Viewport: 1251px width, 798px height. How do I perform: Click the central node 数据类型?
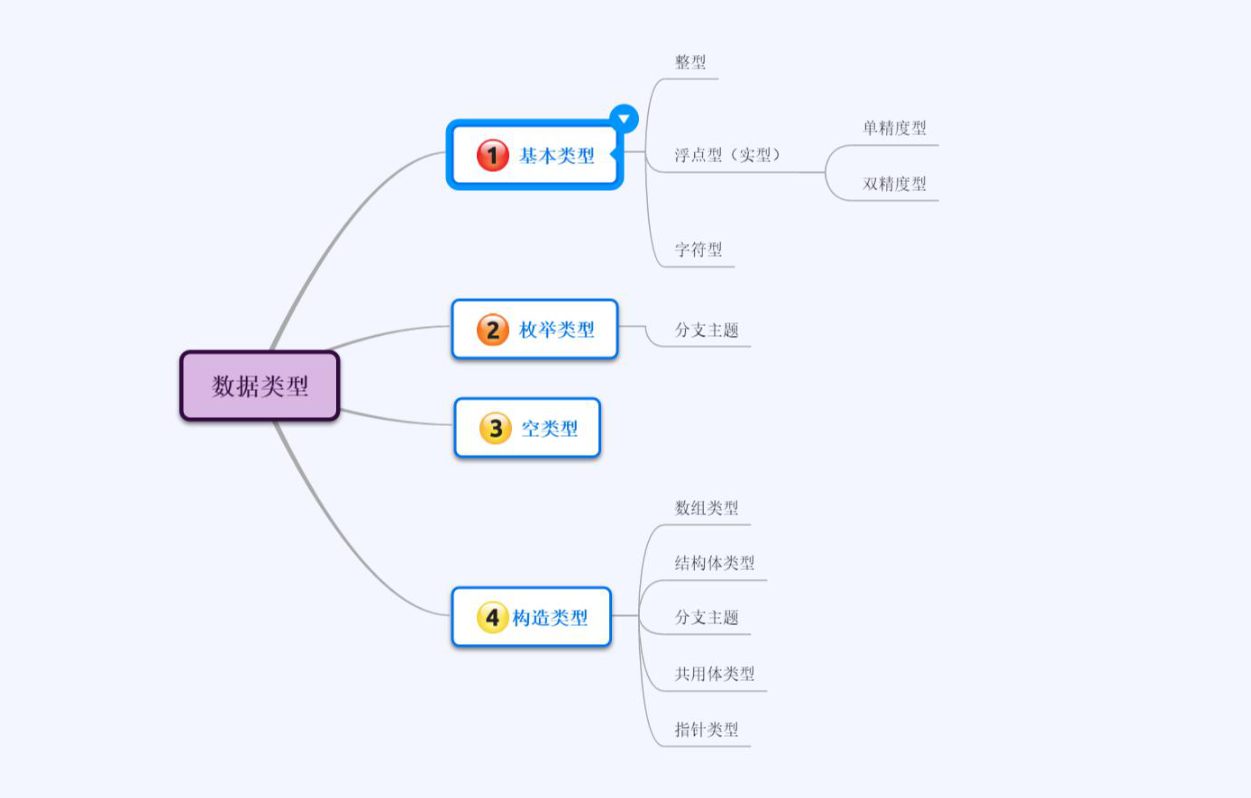click(260, 386)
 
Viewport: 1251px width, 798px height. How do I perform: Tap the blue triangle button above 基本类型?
click(624, 119)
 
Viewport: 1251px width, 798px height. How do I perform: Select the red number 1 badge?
click(492, 155)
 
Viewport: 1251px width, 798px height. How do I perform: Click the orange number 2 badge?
click(492, 330)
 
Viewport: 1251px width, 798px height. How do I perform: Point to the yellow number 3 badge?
click(495, 429)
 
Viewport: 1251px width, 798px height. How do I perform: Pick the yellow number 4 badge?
click(492, 618)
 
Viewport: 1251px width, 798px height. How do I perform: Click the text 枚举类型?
click(557, 330)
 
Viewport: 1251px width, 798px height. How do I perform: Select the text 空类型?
click(550, 429)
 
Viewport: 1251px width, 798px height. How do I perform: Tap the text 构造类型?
click(550, 618)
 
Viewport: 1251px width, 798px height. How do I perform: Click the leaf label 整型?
click(690, 62)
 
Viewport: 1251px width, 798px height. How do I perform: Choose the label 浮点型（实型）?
click(727, 155)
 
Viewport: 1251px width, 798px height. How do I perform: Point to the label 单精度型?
click(894, 128)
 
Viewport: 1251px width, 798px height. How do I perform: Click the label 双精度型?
click(894, 184)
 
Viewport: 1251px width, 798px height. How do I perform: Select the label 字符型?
click(699, 249)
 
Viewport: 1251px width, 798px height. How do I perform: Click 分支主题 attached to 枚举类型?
click(707, 330)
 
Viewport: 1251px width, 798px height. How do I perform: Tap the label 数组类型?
click(707, 508)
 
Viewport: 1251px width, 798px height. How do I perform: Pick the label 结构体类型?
click(715, 563)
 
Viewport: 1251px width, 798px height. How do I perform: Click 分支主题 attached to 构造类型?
click(707, 618)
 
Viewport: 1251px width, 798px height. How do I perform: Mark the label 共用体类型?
click(715, 674)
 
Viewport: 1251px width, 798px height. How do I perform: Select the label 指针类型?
click(707, 730)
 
